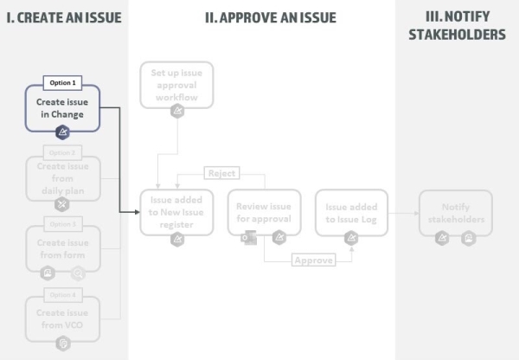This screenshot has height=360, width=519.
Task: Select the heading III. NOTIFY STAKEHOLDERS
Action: [x=456, y=26]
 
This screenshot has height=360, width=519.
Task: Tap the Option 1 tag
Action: [x=62, y=83]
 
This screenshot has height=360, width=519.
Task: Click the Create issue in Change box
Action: [x=62, y=108]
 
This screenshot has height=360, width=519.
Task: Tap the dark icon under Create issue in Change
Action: [x=62, y=132]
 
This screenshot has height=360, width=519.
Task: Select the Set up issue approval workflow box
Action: [x=176, y=85]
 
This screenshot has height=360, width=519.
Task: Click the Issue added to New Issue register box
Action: [x=176, y=212]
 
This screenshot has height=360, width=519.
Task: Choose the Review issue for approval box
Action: [x=264, y=212]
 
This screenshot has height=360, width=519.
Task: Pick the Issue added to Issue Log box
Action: [x=350, y=212]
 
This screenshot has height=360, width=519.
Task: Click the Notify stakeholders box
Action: [x=455, y=212]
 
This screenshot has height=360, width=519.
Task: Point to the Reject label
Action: [x=221, y=173]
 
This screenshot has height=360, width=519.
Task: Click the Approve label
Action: [x=312, y=260]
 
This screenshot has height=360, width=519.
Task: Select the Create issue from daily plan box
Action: [x=62, y=177]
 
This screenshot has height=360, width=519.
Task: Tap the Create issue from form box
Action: [x=62, y=248]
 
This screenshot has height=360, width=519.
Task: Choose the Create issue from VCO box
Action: [x=62, y=318]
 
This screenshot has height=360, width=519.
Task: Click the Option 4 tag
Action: [x=62, y=295]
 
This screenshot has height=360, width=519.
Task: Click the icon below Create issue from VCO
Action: [x=62, y=344]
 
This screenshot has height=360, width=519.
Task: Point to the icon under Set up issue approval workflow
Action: [x=176, y=111]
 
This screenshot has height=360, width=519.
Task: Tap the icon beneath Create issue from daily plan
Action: [x=62, y=204]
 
